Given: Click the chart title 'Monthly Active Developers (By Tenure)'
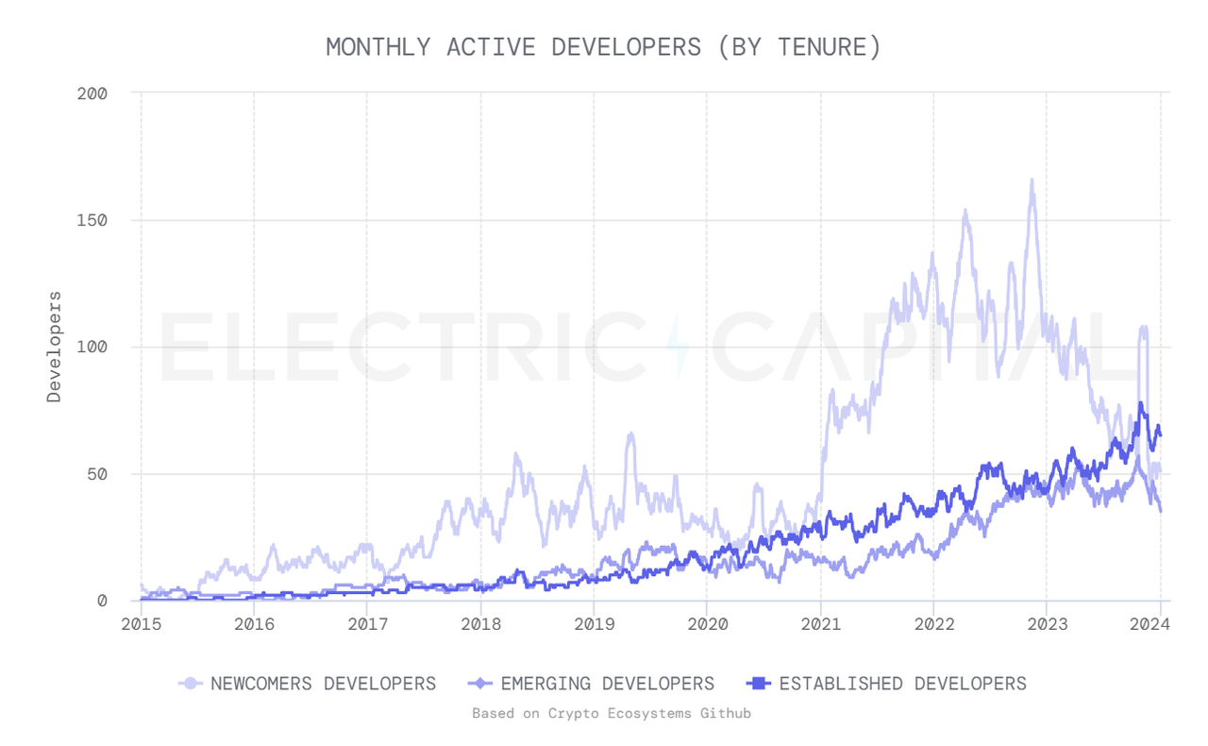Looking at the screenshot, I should click(603, 46).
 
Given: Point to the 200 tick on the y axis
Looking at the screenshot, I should click(92, 93).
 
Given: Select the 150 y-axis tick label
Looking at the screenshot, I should click(92, 220).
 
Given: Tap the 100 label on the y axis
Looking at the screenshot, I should click(92, 347).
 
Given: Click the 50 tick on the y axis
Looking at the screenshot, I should click(96, 473).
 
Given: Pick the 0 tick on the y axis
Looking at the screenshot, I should click(102, 601).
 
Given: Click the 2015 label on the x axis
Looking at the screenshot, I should click(141, 623).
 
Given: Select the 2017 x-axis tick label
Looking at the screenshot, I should click(367, 623).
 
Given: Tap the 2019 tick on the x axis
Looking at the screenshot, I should click(594, 623).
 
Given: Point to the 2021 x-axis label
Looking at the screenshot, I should click(820, 623).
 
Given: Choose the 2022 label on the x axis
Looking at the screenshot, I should click(933, 623).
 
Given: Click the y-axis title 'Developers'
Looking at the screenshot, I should click(55, 347).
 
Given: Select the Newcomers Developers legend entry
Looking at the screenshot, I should click(309, 683).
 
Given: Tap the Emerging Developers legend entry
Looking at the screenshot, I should click(592, 683).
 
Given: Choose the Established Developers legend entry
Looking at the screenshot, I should click(886, 683).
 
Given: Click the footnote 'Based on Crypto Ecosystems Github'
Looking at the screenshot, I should click(612, 713).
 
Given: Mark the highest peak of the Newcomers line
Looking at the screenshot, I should click(1032, 179).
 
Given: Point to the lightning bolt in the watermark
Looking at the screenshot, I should click(678, 346).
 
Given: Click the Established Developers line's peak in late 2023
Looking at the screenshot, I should click(1141, 403).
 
